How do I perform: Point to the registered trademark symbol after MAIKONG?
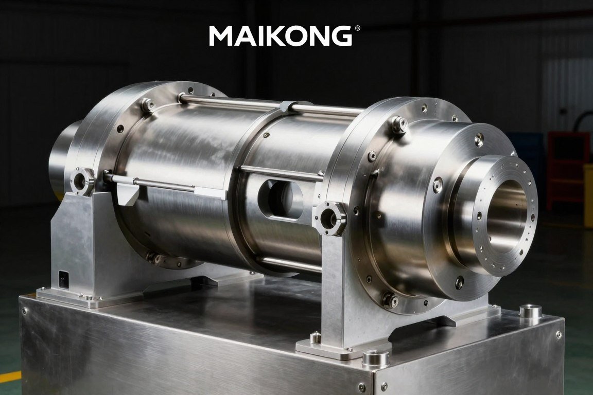coord(358,28)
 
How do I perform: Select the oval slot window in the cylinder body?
coord(280,199)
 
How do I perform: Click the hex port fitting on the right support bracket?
coord(329,218)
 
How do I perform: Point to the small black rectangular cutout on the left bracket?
coord(64,279)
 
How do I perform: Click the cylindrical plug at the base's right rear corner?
coord(530,311)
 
